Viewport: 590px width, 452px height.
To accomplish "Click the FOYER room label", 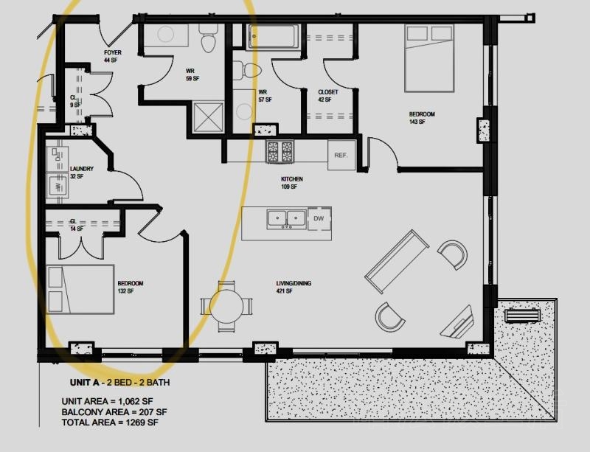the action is tap(113, 52).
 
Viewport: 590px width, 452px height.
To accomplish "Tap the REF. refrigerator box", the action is tap(341, 155).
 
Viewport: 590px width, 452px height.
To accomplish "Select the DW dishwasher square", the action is tap(319, 218).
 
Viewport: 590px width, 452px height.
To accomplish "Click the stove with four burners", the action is tap(280, 152).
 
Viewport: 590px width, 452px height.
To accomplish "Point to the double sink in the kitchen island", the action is tap(286, 220).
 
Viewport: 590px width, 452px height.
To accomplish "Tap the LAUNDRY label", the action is tap(82, 169).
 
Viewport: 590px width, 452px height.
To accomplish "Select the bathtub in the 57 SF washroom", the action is tap(274, 37).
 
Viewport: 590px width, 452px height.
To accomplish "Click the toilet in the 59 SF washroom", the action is tap(208, 38).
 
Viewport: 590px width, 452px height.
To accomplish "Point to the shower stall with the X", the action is tap(208, 117).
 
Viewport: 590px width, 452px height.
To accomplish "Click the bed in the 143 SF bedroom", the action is tap(429, 58).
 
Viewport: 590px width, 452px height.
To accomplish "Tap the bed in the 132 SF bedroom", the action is tap(80, 290).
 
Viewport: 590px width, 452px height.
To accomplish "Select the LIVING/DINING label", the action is tap(294, 283).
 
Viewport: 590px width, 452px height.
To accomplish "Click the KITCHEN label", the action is tap(291, 179).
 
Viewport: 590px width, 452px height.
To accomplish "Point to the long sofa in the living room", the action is tap(397, 262).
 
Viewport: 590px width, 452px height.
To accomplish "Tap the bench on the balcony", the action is tap(521, 316).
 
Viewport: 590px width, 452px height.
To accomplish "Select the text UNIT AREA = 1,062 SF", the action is tap(107, 402).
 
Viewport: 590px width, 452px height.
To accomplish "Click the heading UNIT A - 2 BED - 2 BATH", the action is tap(119, 383).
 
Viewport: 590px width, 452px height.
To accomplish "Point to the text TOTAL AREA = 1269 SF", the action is tap(110, 423).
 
